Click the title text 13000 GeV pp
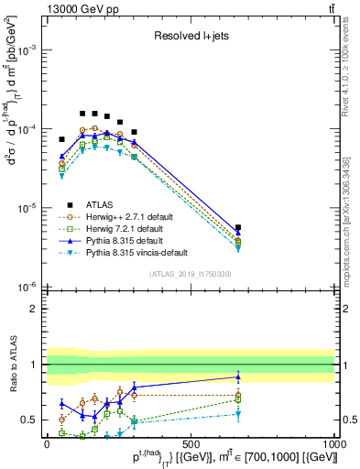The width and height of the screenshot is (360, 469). click(x=80, y=8)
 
